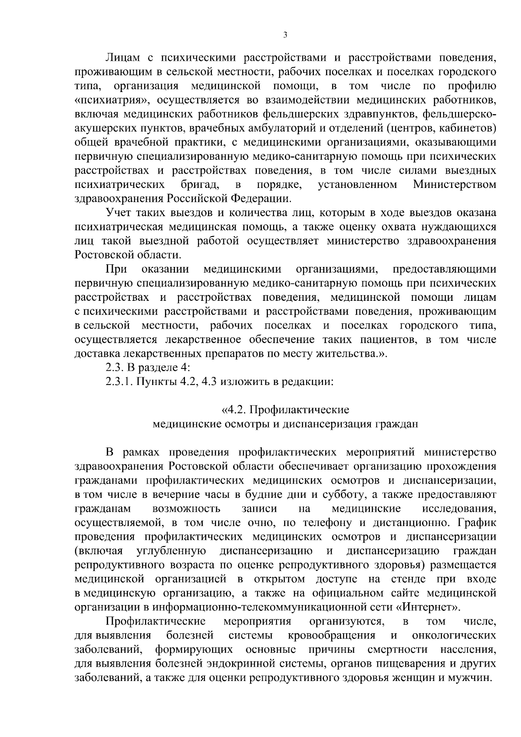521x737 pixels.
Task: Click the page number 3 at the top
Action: click(x=285, y=35)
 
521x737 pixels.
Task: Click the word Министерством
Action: click(x=455, y=185)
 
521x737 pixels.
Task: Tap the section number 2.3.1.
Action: click(x=120, y=382)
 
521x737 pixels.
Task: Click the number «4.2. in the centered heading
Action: click(x=234, y=410)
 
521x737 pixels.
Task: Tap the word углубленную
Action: click(x=171, y=551)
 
